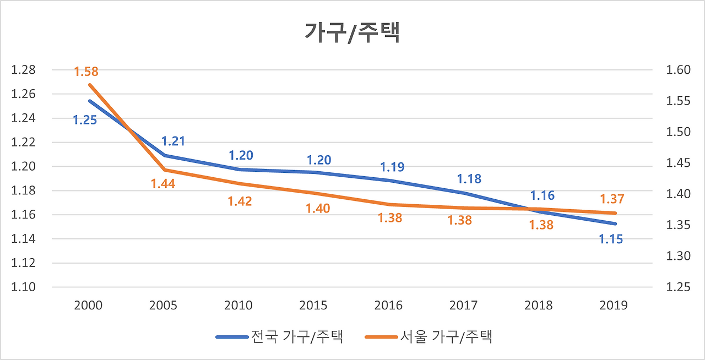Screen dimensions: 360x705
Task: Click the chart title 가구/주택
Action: (352, 32)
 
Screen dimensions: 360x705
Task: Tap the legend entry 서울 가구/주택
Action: (445, 336)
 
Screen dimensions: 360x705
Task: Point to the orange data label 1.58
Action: (86, 72)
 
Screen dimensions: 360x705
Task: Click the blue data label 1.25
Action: (85, 119)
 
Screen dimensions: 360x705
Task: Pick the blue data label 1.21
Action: (173, 141)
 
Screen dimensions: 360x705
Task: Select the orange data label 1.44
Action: (163, 184)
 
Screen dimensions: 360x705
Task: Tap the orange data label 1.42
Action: (240, 201)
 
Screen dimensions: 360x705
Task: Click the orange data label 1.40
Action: (318, 209)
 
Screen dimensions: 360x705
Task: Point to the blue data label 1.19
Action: (392, 167)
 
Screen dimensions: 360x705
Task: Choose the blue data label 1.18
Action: (469, 179)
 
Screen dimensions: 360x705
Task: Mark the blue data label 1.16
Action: (542, 195)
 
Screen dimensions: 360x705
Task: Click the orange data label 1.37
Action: (612, 199)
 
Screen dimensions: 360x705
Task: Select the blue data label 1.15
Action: (611, 239)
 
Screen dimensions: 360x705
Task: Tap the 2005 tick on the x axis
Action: (163, 306)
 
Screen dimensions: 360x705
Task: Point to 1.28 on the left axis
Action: (23, 70)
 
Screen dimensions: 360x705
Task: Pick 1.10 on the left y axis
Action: (23, 287)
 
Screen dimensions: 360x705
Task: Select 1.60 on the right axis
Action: (678, 70)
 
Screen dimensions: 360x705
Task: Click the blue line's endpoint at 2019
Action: (616, 223)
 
